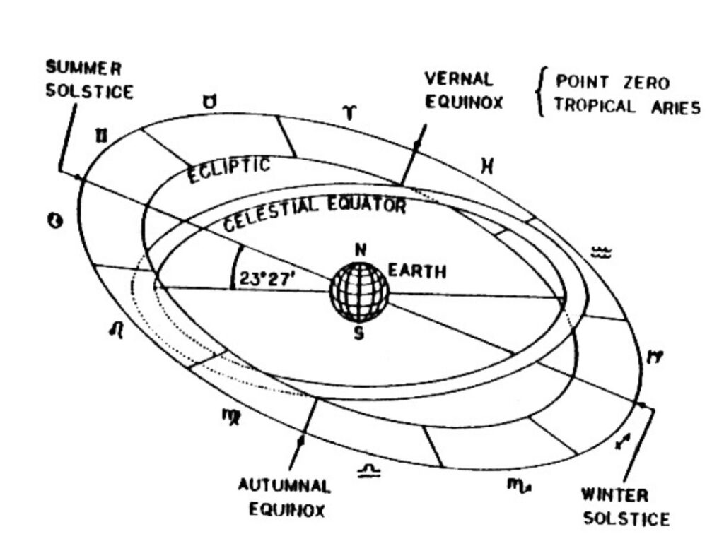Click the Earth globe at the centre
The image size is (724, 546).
pos(359,292)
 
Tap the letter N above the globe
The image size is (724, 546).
pos(361,251)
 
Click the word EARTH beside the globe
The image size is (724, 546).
pos(417,271)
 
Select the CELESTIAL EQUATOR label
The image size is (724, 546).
pos(314,211)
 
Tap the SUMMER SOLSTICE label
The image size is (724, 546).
pos(88,81)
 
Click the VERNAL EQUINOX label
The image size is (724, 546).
pos(463,90)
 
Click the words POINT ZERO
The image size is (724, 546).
pos(612,83)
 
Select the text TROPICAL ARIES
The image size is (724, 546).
pos(627,107)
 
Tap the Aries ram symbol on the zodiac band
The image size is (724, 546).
pos(349,113)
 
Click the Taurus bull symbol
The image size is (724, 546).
pos(210,103)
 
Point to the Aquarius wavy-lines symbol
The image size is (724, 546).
pos(600,252)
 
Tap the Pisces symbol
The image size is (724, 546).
pos(486,166)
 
